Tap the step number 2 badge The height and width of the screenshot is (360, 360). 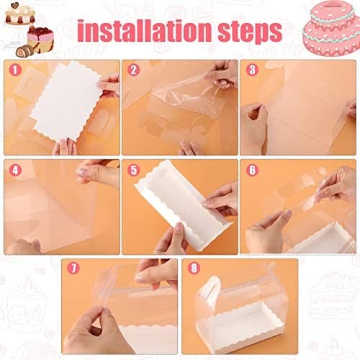click(x=133, y=70)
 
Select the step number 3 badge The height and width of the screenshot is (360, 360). click(x=251, y=70)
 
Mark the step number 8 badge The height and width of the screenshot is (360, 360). click(x=192, y=268)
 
